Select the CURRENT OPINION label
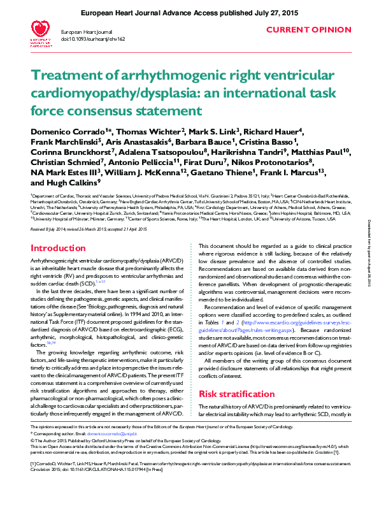[x=308, y=30]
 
